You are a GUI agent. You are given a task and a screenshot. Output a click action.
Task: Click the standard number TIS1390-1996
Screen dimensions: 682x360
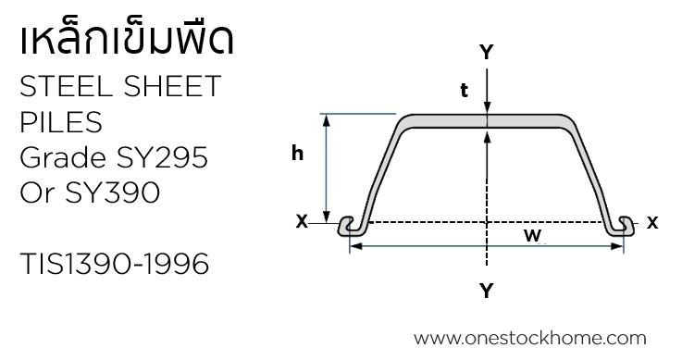[x=114, y=265]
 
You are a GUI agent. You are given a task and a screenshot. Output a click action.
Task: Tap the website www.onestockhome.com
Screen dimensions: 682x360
[x=530, y=339]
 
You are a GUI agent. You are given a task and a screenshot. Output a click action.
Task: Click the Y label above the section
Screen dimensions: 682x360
[x=486, y=53]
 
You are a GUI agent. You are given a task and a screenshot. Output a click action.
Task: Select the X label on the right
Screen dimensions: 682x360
[x=652, y=222]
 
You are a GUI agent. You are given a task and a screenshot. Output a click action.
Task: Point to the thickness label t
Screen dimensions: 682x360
[x=464, y=91]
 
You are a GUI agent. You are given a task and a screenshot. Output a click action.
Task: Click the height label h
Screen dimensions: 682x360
[x=297, y=155]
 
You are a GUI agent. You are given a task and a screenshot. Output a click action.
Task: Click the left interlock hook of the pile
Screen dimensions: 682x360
[x=351, y=225]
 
